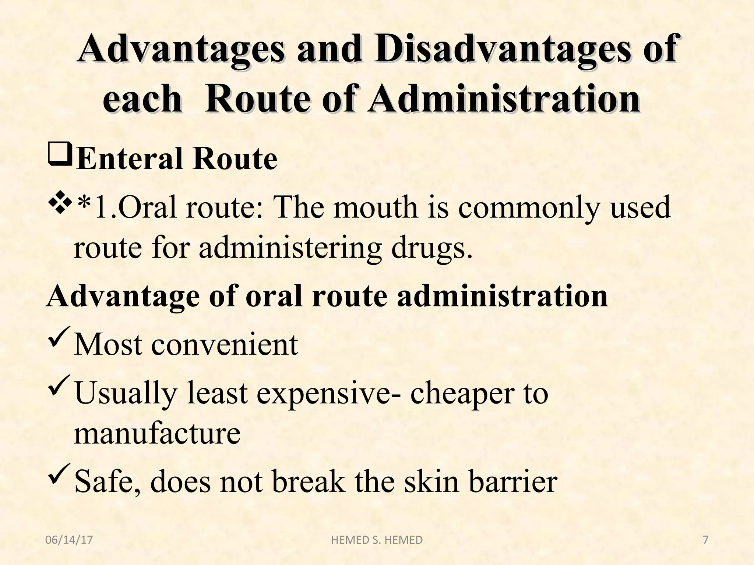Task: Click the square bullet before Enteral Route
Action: [x=59, y=156]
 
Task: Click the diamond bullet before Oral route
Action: [x=59, y=205]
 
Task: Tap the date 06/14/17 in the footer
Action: [x=69, y=540]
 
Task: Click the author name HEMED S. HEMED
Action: [x=377, y=540]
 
